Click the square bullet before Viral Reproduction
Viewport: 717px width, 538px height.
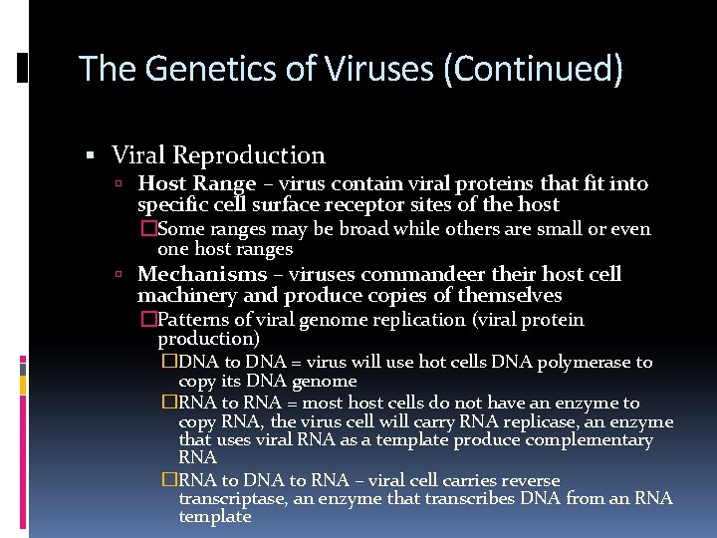point(90,155)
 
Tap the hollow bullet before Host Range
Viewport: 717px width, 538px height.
point(118,184)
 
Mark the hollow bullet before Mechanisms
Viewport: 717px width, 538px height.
point(118,275)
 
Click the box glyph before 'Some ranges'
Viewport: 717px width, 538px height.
point(149,229)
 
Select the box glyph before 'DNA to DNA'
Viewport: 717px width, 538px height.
point(169,362)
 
